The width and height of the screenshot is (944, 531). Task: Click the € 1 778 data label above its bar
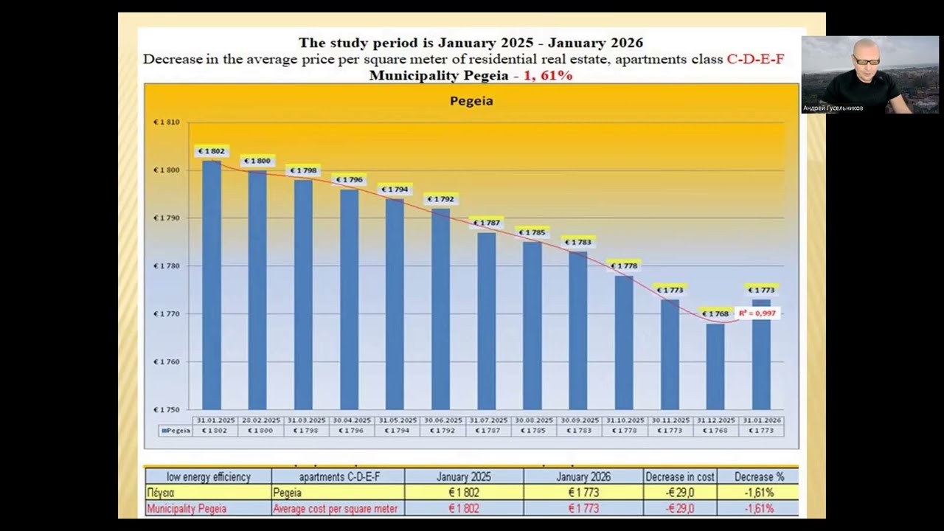point(624,265)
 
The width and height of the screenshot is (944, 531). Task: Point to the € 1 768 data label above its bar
point(715,313)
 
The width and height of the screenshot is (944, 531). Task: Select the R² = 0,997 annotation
point(757,313)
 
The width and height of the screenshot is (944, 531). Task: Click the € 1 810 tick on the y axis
point(166,122)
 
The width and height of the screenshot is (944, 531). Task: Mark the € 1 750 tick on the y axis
point(166,409)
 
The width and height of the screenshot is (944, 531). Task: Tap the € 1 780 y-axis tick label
point(166,265)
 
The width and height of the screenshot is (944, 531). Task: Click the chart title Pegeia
point(471,100)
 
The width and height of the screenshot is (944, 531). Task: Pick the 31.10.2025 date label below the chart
point(624,420)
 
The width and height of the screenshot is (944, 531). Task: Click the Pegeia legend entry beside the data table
point(175,430)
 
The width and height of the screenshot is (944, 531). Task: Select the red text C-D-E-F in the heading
point(755,59)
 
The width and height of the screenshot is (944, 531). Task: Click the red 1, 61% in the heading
point(548,75)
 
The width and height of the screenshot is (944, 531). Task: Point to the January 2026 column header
point(583,477)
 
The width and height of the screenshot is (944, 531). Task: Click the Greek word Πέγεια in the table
point(161,493)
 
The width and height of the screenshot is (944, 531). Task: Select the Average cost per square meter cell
point(335,509)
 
